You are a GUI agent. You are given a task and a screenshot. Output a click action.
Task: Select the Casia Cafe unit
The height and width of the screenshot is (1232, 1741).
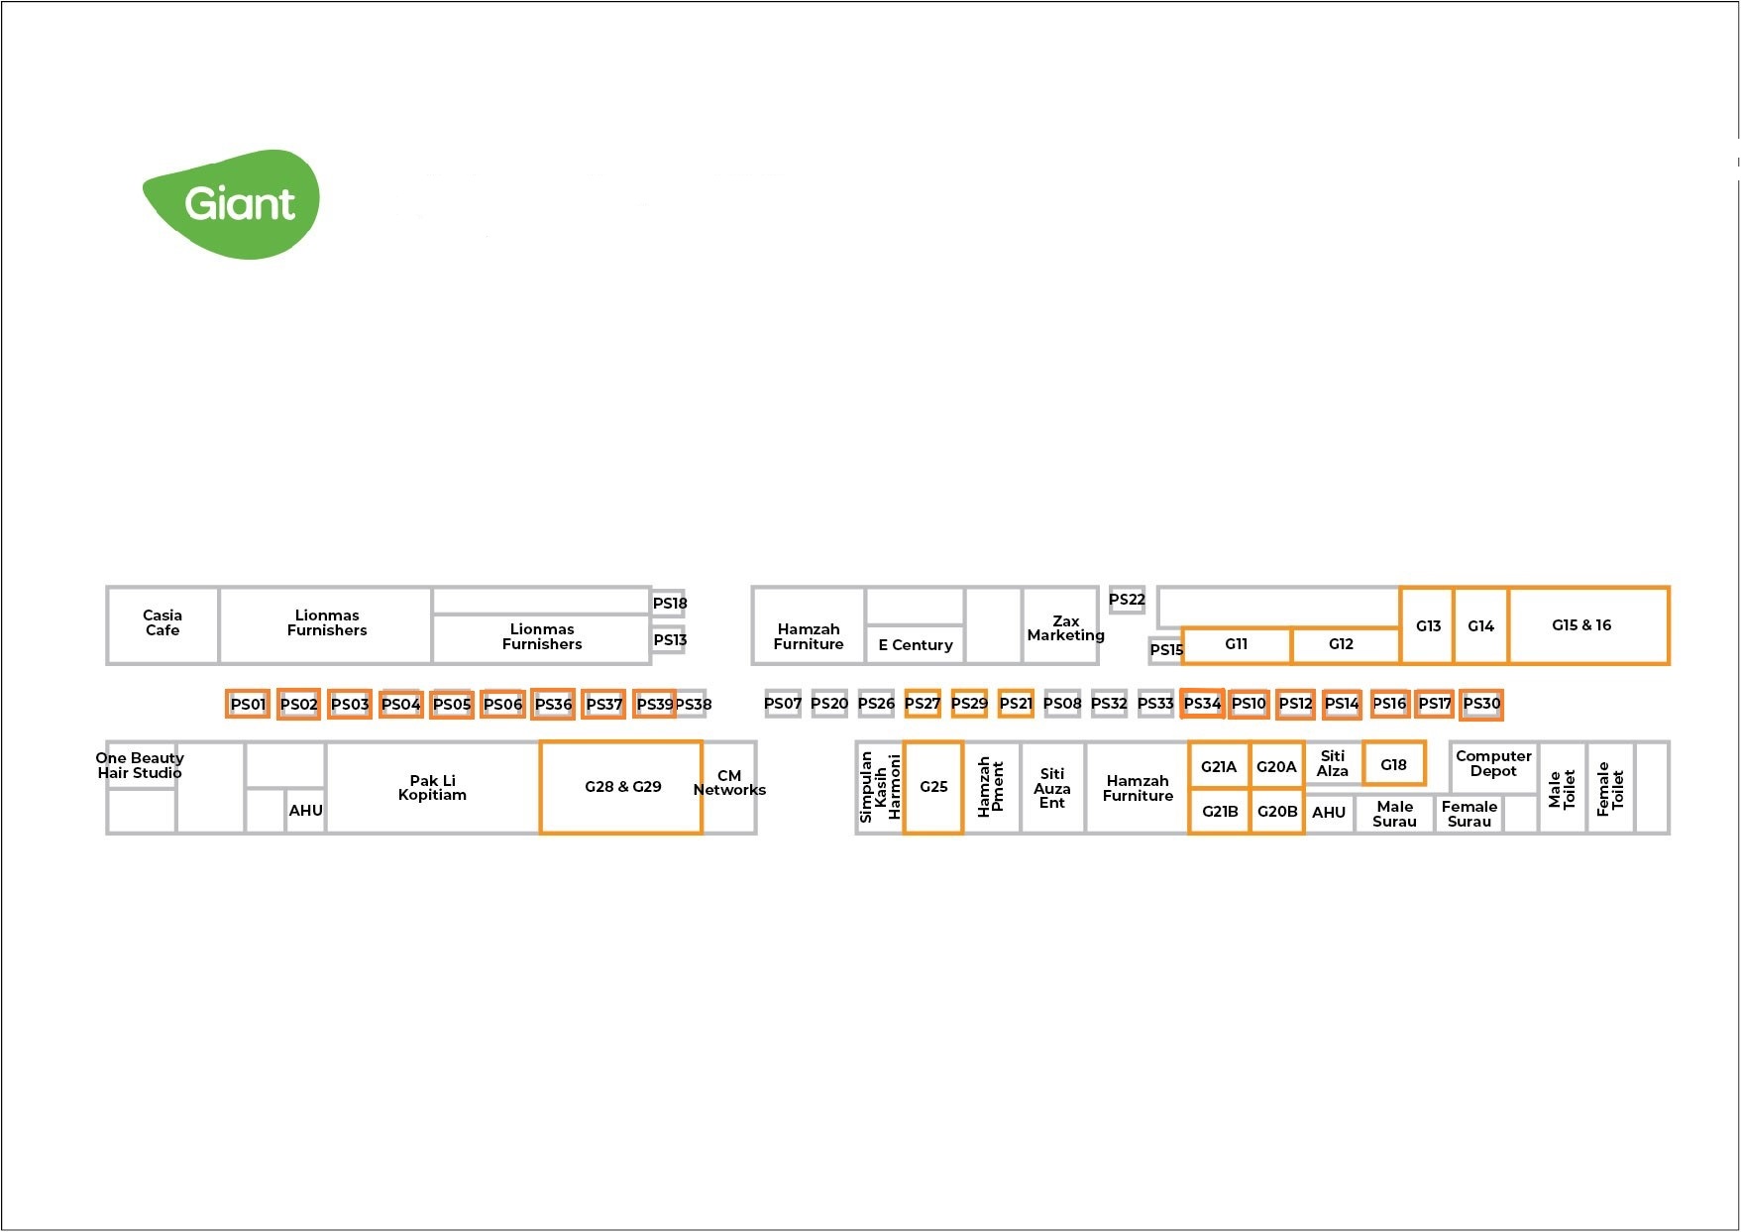coord(163,623)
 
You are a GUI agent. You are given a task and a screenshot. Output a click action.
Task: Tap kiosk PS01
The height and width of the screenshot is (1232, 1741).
coord(248,704)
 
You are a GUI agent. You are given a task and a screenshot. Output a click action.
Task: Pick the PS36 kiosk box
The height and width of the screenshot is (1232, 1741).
coord(553,704)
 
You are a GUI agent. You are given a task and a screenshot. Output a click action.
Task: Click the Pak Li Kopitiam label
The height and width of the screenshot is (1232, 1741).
coord(432,787)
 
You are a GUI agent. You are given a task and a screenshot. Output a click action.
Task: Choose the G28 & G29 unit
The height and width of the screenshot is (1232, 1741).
coord(621,787)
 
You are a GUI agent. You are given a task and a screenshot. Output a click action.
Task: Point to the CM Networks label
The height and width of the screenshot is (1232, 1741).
coord(729,783)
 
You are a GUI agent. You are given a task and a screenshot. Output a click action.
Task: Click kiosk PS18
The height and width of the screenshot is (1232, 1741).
coord(669,603)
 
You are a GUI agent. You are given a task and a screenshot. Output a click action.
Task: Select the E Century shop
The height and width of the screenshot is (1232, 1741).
coord(915,644)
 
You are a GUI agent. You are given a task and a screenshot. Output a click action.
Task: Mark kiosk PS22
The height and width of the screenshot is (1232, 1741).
coord(1127,600)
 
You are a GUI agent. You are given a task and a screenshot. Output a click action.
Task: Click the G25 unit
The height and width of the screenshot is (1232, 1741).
coord(933,787)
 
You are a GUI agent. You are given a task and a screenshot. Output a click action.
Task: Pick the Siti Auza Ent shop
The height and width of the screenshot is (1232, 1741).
coord(1052,788)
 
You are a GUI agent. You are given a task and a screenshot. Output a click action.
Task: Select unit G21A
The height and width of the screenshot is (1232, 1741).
coord(1219,766)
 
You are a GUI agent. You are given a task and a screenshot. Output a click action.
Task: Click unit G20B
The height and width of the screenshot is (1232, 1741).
coord(1277,812)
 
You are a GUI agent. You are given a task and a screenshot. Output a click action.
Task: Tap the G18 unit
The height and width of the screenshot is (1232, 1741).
coord(1393,764)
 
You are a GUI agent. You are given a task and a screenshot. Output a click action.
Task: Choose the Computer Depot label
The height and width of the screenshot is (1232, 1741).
coord(1493,763)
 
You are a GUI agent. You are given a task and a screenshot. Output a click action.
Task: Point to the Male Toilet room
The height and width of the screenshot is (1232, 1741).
coord(1562,788)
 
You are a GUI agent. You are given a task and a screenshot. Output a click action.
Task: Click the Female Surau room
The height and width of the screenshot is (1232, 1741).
coord(1469,814)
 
